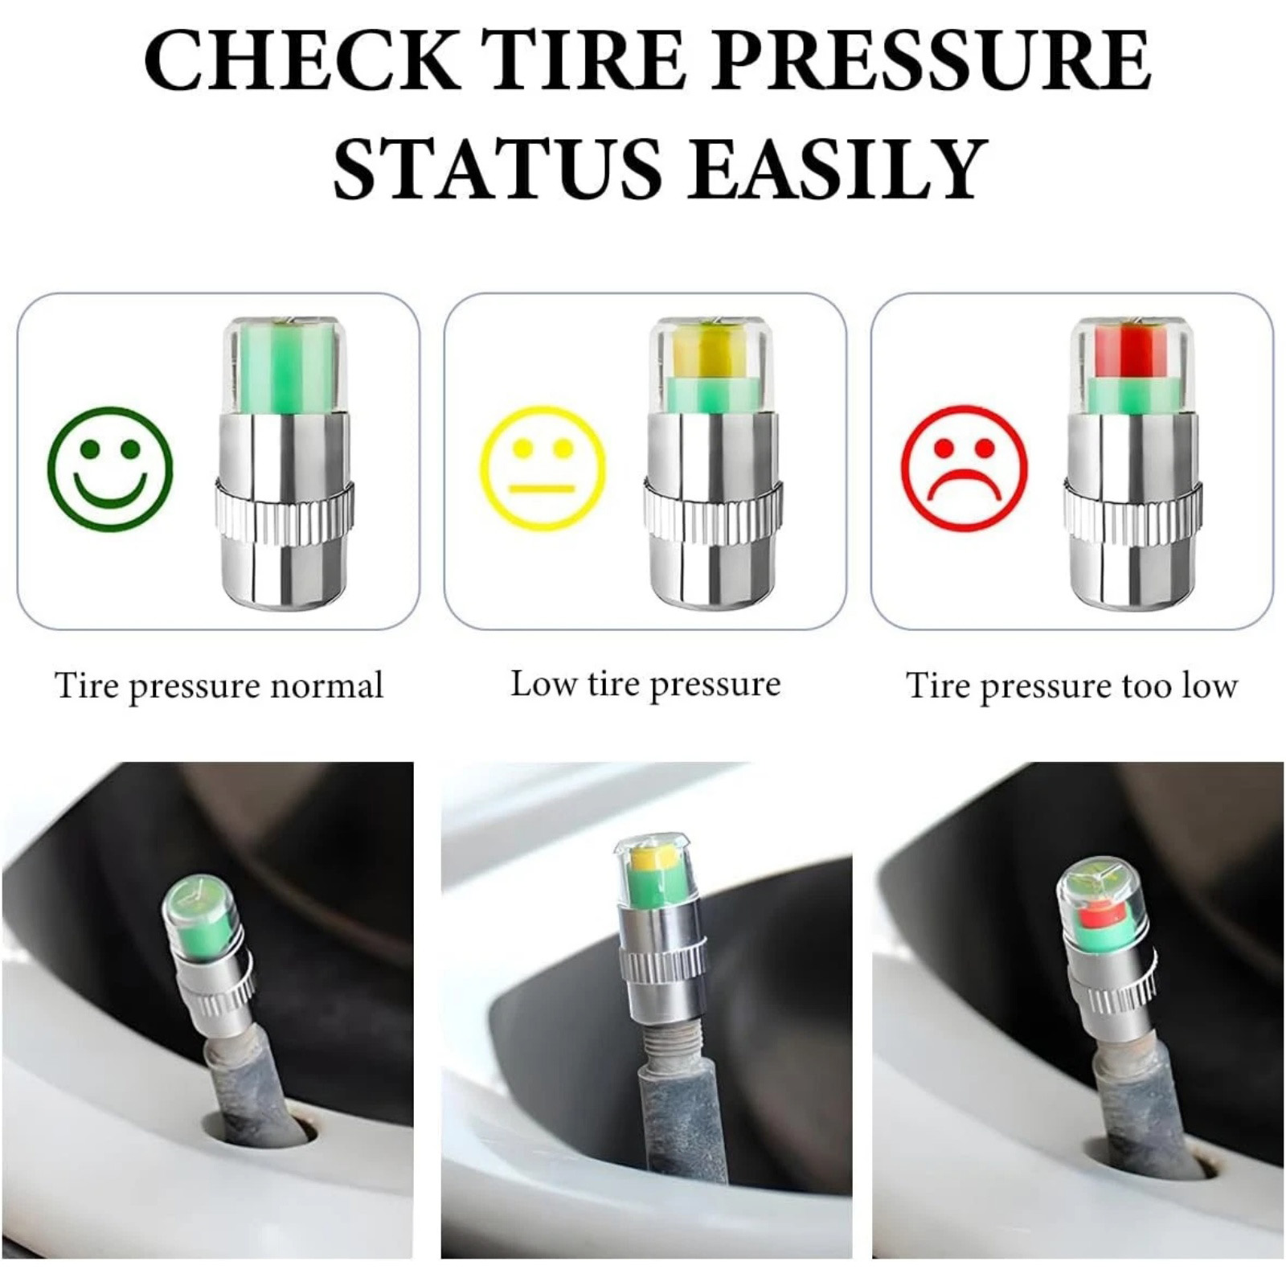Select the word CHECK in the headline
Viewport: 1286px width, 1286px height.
pyautogui.click(x=303, y=61)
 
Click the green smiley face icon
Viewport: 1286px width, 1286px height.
pyautogui.click(x=110, y=469)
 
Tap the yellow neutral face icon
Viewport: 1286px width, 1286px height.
pyautogui.click(x=543, y=469)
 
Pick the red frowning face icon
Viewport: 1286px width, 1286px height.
pyautogui.click(x=964, y=469)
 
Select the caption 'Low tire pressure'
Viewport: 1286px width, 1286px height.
pyautogui.click(x=645, y=685)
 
